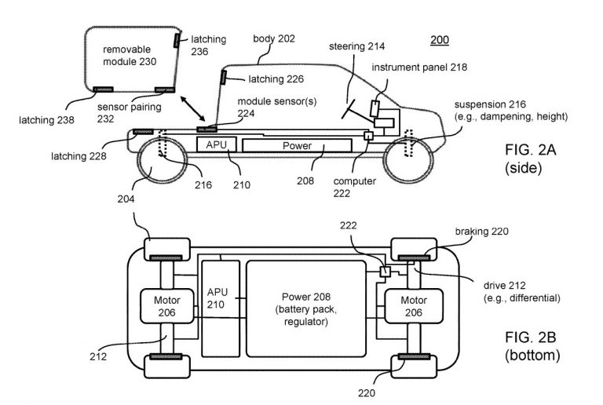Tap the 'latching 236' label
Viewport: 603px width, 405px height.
206,46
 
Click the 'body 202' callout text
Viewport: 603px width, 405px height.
272,37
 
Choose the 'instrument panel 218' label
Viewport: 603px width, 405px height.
418,68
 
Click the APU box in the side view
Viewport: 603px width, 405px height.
216,145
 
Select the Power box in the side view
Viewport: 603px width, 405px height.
297,146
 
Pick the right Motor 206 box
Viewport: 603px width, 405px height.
412,305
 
